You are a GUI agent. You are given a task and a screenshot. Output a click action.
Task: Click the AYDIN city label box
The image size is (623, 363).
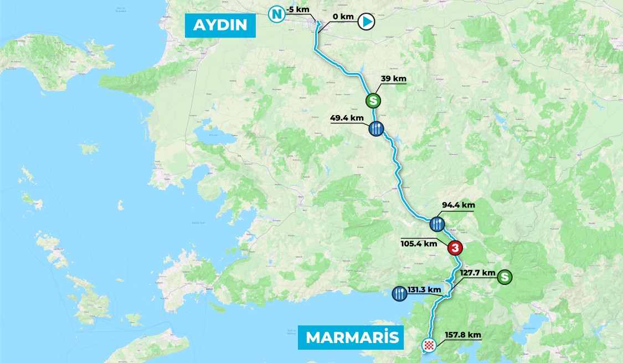(x=220, y=25)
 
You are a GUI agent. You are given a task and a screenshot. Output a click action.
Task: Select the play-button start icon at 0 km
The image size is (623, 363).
(x=366, y=22)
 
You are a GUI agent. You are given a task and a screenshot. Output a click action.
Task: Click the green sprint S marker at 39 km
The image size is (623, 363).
(x=374, y=101)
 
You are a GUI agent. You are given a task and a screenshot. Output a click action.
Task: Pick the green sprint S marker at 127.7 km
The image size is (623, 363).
(x=504, y=277)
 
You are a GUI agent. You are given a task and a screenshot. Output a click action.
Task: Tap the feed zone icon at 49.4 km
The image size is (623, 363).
(x=376, y=129)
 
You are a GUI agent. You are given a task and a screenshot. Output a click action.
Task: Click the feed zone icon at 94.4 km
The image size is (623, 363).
(x=437, y=224)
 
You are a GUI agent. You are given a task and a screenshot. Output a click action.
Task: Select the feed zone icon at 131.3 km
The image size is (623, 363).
(x=399, y=293)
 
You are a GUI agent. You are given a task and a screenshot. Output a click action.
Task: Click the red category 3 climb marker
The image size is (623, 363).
(x=455, y=248)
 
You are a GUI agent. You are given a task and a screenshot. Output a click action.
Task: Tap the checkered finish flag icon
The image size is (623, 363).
(x=429, y=346)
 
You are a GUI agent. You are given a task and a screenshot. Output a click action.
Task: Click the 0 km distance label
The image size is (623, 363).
(x=343, y=17)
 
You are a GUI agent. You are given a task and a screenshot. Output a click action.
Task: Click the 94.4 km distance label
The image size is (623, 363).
(x=459, y=205)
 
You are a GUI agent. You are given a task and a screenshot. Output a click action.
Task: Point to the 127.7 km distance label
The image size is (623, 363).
(x=477, y=272)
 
